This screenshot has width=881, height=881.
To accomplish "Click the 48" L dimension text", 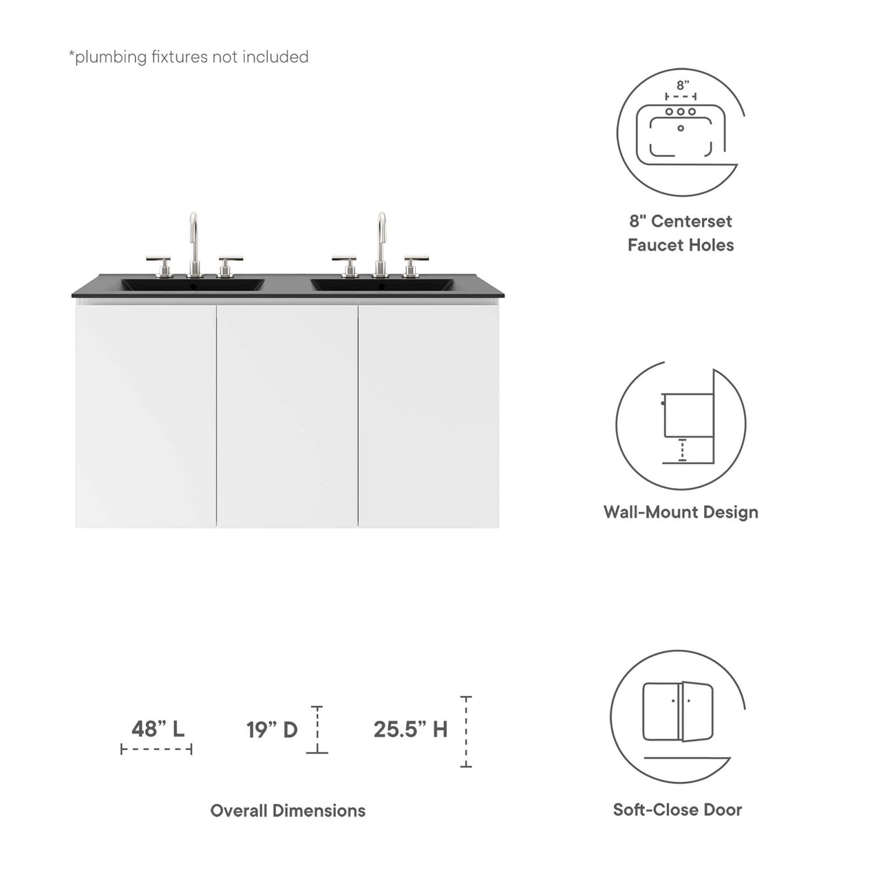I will coord(158,728).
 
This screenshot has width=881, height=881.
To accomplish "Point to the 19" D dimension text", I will coord(272,729).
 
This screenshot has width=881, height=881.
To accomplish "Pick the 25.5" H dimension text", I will coord(410,729).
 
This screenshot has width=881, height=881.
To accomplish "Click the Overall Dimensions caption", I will coord(288,810).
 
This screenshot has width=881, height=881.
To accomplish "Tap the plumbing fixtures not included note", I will coord(189,56).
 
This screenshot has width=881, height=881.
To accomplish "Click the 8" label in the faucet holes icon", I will coord(682,85).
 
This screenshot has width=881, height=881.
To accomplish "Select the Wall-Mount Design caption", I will coord(681,512).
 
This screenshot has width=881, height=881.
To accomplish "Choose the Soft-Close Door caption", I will coord(677,809).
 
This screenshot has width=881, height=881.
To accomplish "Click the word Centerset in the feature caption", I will coord(692,221).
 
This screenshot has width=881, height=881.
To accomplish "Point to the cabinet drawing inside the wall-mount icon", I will coord(686,415).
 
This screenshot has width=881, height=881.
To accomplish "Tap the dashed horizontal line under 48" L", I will coord(156,749).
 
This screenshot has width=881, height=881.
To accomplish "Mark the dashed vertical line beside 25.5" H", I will coord(466,732).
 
